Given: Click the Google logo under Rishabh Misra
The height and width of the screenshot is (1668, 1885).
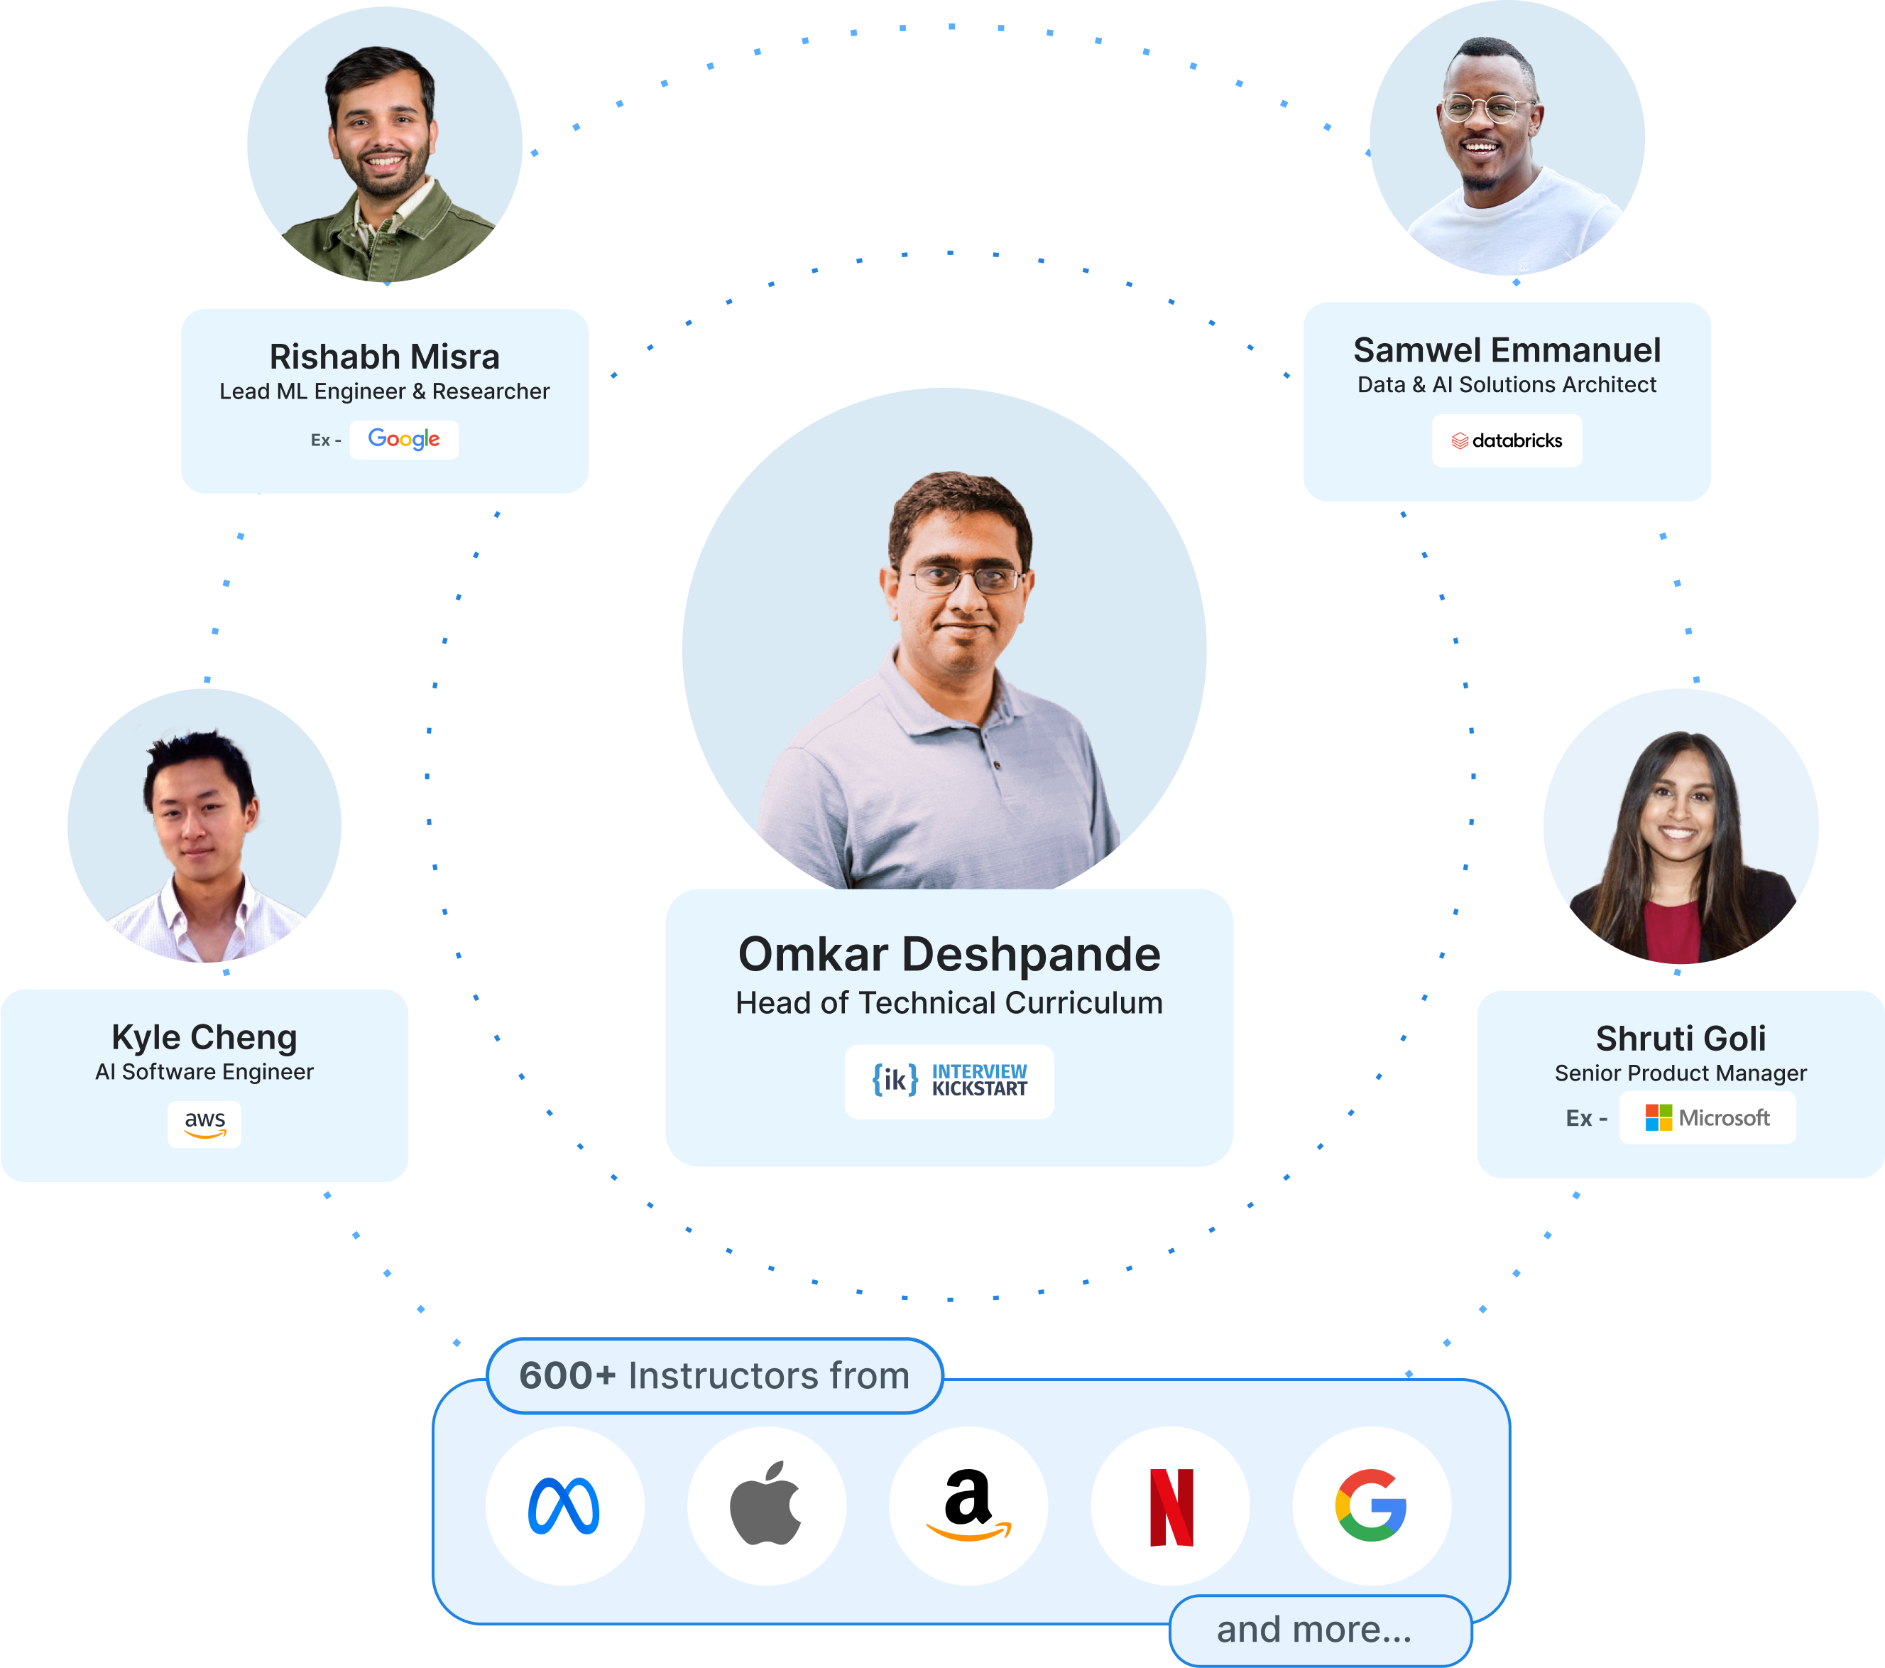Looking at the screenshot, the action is tap(404, 439).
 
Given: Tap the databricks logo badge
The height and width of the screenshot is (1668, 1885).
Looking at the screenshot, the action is tap(1507, 441).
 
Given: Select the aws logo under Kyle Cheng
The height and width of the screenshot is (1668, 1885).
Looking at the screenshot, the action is tap(204, 1124).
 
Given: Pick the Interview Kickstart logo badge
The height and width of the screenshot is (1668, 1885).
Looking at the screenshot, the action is tap(949, 1081).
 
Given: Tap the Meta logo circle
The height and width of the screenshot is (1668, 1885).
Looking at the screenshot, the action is tap(564, 1505).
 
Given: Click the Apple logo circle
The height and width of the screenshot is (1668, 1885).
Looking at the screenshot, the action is tap(766, 1505).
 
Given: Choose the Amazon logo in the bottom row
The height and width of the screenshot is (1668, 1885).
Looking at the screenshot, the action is tap(968, 1505).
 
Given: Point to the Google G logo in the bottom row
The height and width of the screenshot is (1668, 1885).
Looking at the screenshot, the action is tap(1371, 1505).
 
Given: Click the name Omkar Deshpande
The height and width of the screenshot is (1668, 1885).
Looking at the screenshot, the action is tap(949, 954).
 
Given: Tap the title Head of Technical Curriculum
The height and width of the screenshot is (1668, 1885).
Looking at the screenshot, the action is tap(949, 1003).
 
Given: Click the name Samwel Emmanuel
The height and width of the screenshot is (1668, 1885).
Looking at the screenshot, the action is tap(1507, 350).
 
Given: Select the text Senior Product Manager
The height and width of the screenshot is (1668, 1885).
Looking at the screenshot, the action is tap(1681, 1073).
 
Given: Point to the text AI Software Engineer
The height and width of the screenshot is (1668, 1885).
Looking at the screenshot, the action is tap(204, 1071).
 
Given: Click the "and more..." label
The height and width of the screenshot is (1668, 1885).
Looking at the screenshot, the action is tap(1314, 1629).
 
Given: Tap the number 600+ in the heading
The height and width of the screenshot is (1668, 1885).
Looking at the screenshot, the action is tap(567, 1375).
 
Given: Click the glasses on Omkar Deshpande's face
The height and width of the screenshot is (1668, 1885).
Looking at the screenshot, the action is tap(966, 580).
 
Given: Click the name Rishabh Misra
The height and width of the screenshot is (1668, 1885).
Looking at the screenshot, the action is tap(385, 357).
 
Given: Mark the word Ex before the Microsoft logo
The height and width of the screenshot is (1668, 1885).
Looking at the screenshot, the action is tap(1579, 1119).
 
